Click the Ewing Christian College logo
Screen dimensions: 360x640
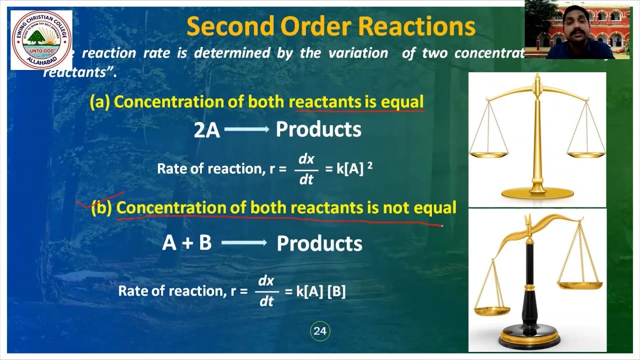[x=41, y=40]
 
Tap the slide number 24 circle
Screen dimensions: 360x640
[x=320, y=331]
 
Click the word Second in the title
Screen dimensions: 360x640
[x=232, y=27]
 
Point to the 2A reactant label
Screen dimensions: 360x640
[x=207, y=130]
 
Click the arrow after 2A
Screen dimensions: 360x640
[x=247, y=129]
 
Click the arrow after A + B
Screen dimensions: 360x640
[x=244, y=243]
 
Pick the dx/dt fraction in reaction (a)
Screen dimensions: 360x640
[x=306, y=169]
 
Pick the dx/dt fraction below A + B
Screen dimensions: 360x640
[x=266, y=291]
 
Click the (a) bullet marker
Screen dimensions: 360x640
[x=99, y=102]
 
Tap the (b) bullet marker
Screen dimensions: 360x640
[x=101, y=207]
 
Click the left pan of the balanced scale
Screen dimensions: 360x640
[x=488, y=155]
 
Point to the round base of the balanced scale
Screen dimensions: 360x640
[x=537, y=192]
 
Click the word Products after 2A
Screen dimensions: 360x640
[x=318, y=130]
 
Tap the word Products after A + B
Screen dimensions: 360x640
[x=319, y=243]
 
